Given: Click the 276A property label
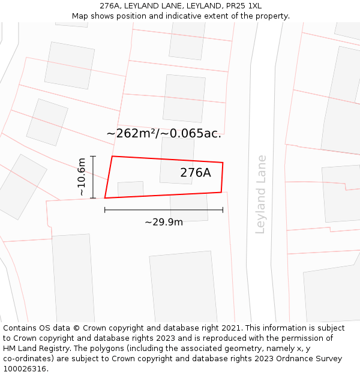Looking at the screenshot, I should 196,173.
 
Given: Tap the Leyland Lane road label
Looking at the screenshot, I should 260,194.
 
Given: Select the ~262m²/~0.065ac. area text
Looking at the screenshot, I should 164,134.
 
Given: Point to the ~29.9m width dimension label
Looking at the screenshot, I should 164,222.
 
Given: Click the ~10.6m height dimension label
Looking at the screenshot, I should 82,176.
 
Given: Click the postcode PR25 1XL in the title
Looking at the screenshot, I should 245,6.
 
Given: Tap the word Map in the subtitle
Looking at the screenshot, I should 80,16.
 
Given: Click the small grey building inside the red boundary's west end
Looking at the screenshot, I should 131,188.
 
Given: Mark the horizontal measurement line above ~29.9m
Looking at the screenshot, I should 164,210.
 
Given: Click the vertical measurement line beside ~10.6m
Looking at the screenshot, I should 93,176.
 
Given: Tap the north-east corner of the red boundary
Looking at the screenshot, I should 223,163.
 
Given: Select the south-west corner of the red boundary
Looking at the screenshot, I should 105,197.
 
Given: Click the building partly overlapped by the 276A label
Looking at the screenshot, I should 176,160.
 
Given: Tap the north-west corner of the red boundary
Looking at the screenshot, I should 112,157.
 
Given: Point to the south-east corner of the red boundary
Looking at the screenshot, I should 221,192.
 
